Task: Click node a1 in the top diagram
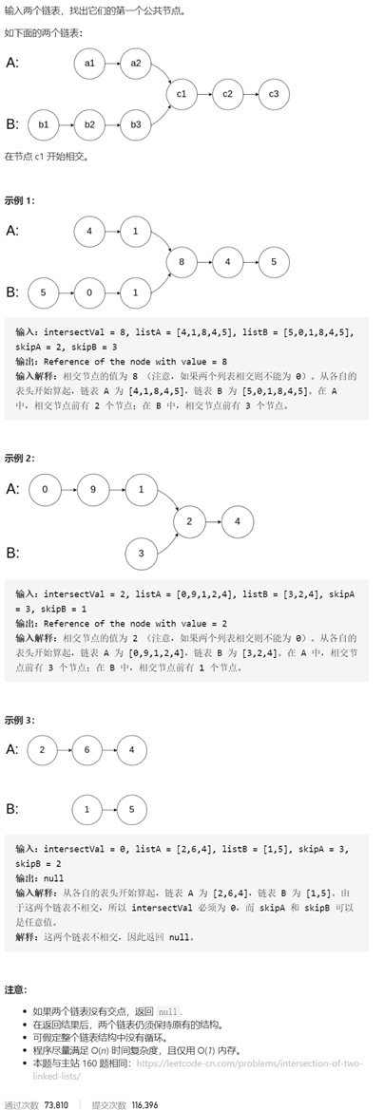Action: (x=89, y=64)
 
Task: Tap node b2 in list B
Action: (x=89, y=124)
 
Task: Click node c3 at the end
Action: (x=274, y=94)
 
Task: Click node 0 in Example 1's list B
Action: (x=89, y=292)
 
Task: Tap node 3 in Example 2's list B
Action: (x=142, y=552)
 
